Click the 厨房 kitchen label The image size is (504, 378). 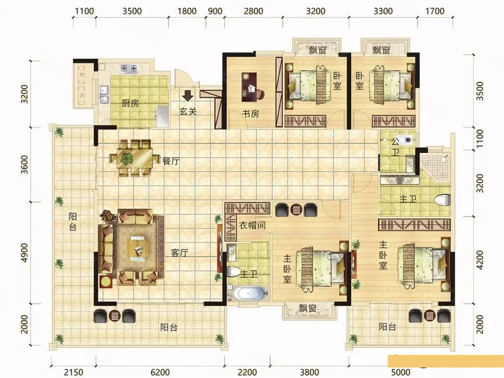[x=130, y=103]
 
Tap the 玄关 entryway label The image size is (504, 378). [x=188, y=111]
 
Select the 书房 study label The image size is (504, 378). [x=251, y=114]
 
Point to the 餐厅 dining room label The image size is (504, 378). [x=171, y=162]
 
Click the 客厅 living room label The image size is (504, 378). [x=180, y=253]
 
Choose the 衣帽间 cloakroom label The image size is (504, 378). [x=252, y=226]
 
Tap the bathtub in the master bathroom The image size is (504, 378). [x=250, y=293]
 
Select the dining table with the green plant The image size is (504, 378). [x=131, y=158]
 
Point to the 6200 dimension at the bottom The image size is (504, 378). [x=160, y=373]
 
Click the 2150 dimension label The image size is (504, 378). [x=73, y=373]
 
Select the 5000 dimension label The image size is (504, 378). [x=400, y=373]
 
